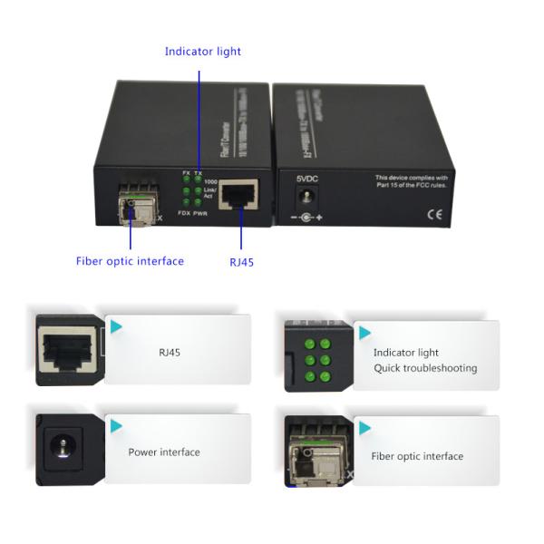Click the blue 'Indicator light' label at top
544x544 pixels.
[202, 52]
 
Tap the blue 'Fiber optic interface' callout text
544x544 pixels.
[130, 261]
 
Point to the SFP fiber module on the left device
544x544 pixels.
[133, 205]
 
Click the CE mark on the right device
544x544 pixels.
[433, 214]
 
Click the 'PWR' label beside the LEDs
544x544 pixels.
[200, 212]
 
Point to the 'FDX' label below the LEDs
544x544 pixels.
[184, 212]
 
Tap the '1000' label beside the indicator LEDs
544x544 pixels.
[210, 182]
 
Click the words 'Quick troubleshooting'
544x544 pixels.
[424, 368]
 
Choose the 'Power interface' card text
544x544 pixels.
[164, 452]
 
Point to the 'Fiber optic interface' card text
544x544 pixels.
[417, 456]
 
